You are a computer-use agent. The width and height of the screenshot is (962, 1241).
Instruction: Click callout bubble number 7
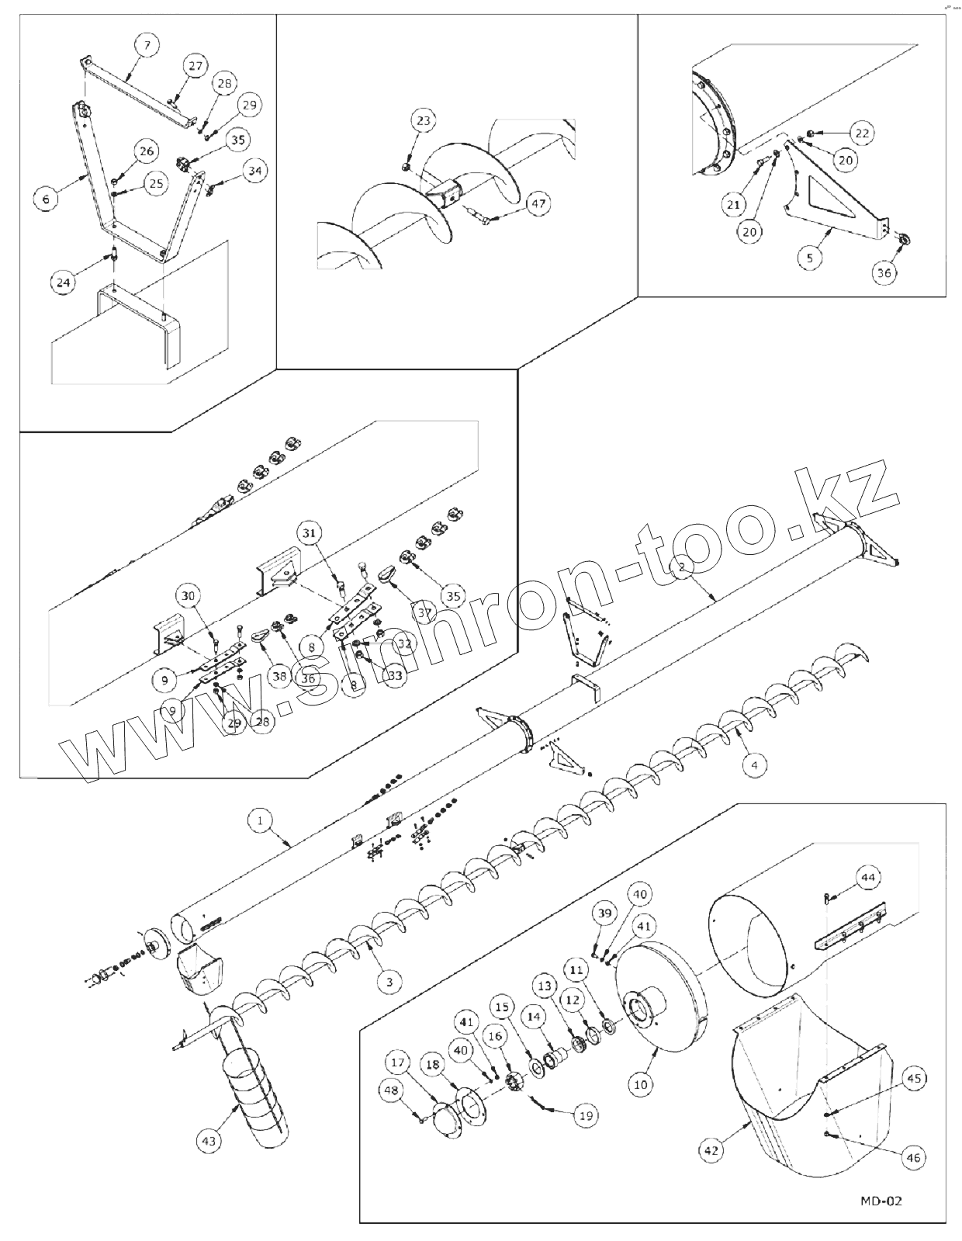point(147,45)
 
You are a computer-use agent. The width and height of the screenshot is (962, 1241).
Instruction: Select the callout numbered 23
point(424,121)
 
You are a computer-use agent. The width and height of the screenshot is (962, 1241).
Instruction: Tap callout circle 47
point(537,205)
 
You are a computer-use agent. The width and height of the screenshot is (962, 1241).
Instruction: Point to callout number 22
point(862,133)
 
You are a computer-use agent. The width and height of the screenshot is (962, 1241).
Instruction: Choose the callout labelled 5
point(810,258)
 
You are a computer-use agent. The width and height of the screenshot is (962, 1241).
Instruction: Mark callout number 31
point(310,533)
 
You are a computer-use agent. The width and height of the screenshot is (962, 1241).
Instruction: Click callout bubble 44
point(868,878)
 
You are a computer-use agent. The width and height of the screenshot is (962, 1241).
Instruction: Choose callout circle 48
point(389,1090)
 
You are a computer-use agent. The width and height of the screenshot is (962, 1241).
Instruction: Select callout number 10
point(640,1084)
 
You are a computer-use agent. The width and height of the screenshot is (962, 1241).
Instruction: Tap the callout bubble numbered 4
point(753,764)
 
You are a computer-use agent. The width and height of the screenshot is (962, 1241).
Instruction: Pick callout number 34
point(254,169)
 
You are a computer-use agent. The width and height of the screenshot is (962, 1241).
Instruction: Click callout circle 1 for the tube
point(261,820)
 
